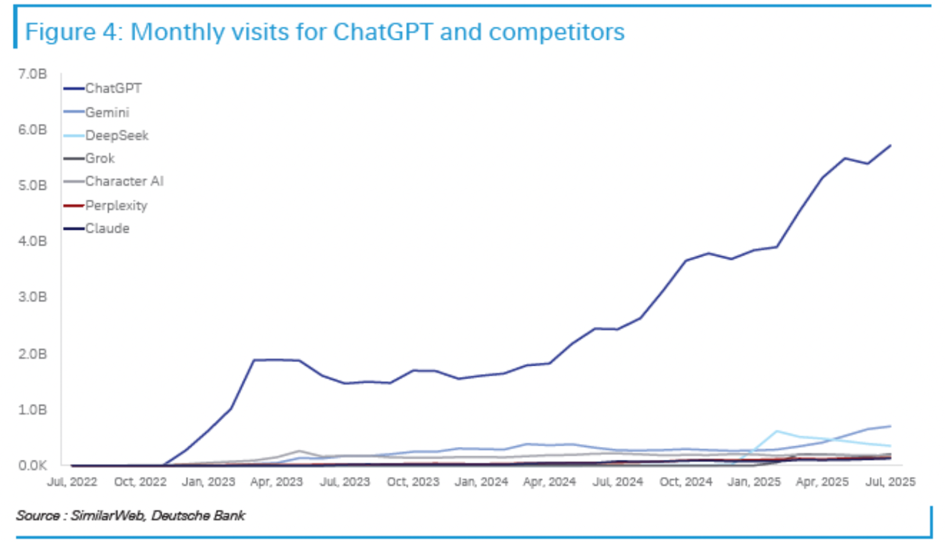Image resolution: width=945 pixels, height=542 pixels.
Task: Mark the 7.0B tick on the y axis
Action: coord(32,74)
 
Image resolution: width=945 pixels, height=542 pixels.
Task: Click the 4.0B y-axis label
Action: coord(32,241)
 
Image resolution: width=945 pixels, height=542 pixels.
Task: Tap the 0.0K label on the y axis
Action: coord(32,465)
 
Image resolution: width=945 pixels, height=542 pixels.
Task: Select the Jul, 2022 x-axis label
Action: coord(72,482)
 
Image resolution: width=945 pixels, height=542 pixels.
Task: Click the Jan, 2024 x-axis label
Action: coord(481,482)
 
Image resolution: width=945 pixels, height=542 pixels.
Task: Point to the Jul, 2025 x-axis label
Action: coord(890,482)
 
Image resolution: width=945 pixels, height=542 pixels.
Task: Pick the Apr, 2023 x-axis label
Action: coord(276,482)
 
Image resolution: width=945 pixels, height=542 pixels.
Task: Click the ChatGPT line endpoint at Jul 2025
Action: coord(890,145)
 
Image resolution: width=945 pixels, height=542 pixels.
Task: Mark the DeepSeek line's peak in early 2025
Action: coord(777,431)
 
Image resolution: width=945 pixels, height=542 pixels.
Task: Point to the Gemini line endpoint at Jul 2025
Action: coord(890,426)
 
